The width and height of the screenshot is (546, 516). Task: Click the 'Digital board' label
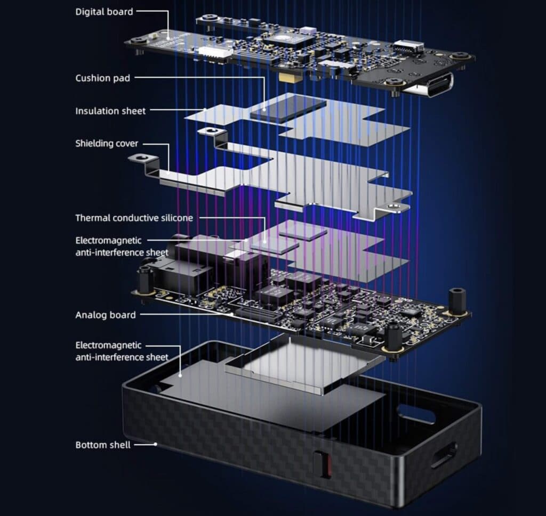point(104,12)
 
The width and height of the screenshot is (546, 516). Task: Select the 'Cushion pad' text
point(103,78)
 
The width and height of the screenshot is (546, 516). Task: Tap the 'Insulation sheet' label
point(110,111)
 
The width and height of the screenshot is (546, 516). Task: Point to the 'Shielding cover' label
point(107,143)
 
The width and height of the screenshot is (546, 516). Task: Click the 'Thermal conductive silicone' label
point(134,218)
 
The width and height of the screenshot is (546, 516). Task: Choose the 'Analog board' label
point(106,315)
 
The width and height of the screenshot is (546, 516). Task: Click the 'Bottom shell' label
point(103,445)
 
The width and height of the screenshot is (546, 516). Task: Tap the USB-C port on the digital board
point(437,85)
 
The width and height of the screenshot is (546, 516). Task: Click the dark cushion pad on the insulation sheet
point(288,109)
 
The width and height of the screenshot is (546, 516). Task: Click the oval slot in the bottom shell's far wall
point(416,414)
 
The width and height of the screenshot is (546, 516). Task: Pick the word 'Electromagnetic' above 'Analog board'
point(108,241)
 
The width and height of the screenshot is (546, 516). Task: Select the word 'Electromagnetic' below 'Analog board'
point(108,345)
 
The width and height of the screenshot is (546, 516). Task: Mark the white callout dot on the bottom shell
point(156,444)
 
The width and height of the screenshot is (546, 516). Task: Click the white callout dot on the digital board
point(168,38)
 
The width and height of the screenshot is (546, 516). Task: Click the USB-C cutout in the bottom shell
point(444,455)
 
